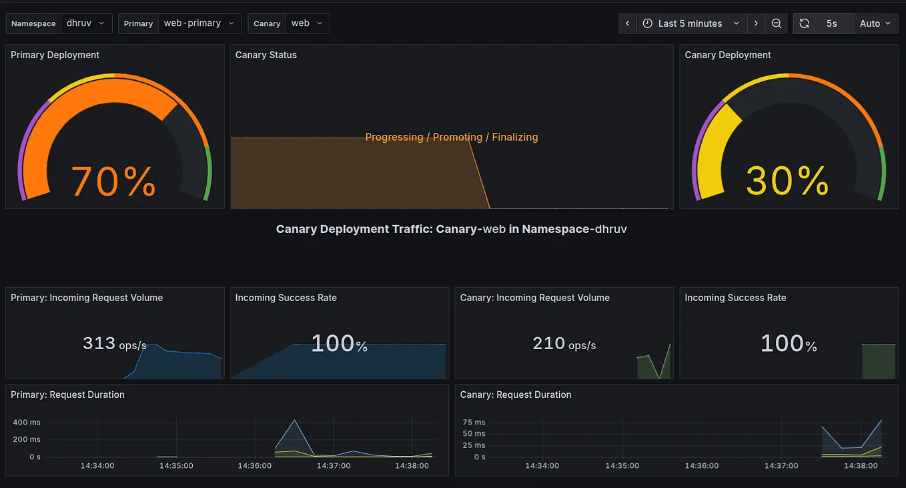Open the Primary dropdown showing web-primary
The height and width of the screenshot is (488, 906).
click(x=199, y=23)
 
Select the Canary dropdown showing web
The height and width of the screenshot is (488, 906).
click(x=307, y=23)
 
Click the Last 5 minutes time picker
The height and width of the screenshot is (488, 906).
click(x=691, y=23)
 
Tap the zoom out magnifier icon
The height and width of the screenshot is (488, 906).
click(x=777, y=23)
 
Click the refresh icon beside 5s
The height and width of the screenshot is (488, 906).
click(x=805, y=23)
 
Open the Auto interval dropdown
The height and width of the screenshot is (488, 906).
click(x=875, y=23)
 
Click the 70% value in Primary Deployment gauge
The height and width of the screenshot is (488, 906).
click(x=113, y=181)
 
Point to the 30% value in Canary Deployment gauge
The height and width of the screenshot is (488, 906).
click(x=787, y=181)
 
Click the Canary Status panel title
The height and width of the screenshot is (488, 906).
click(x=266, y=55)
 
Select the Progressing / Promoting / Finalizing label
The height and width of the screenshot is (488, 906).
click(x=452, y=137)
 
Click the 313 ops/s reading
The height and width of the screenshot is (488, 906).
click(x=114, y=344)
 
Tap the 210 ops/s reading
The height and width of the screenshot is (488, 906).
click(x=564, y=344)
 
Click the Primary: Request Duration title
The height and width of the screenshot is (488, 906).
click(x=67, y=395)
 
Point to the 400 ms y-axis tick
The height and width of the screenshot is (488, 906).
click(x=26, y=423)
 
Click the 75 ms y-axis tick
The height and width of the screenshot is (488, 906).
click(x=474, y=423)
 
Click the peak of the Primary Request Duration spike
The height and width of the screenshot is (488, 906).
click(x=294, y=420)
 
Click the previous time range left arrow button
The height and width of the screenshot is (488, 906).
click(x=627, y=23)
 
